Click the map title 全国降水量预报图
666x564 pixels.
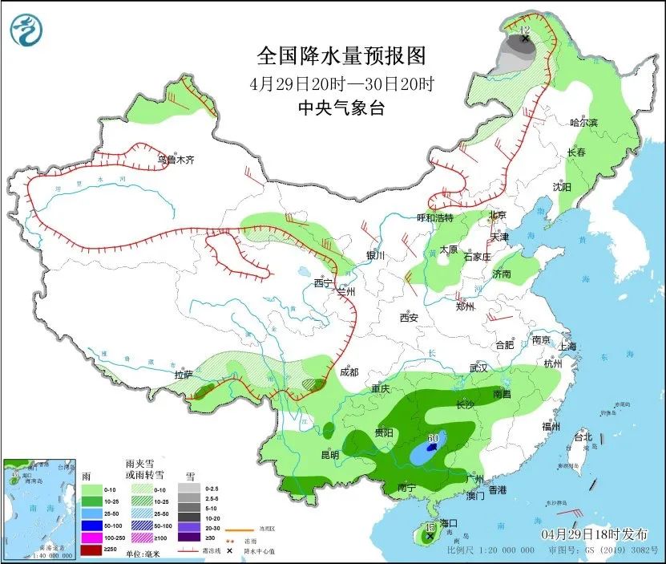[341, 56]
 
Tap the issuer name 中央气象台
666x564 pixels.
[341, 108]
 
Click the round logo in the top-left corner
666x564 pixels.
[26, 31]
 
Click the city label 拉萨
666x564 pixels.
[184, 375]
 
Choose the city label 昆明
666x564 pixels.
[329, 455]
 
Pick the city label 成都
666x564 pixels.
[349, 372]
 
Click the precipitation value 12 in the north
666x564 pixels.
[525, 30]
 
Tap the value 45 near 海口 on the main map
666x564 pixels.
[430, 527]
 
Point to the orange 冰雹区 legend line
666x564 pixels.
[236, 530]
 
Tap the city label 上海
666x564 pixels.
[568, 347]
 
